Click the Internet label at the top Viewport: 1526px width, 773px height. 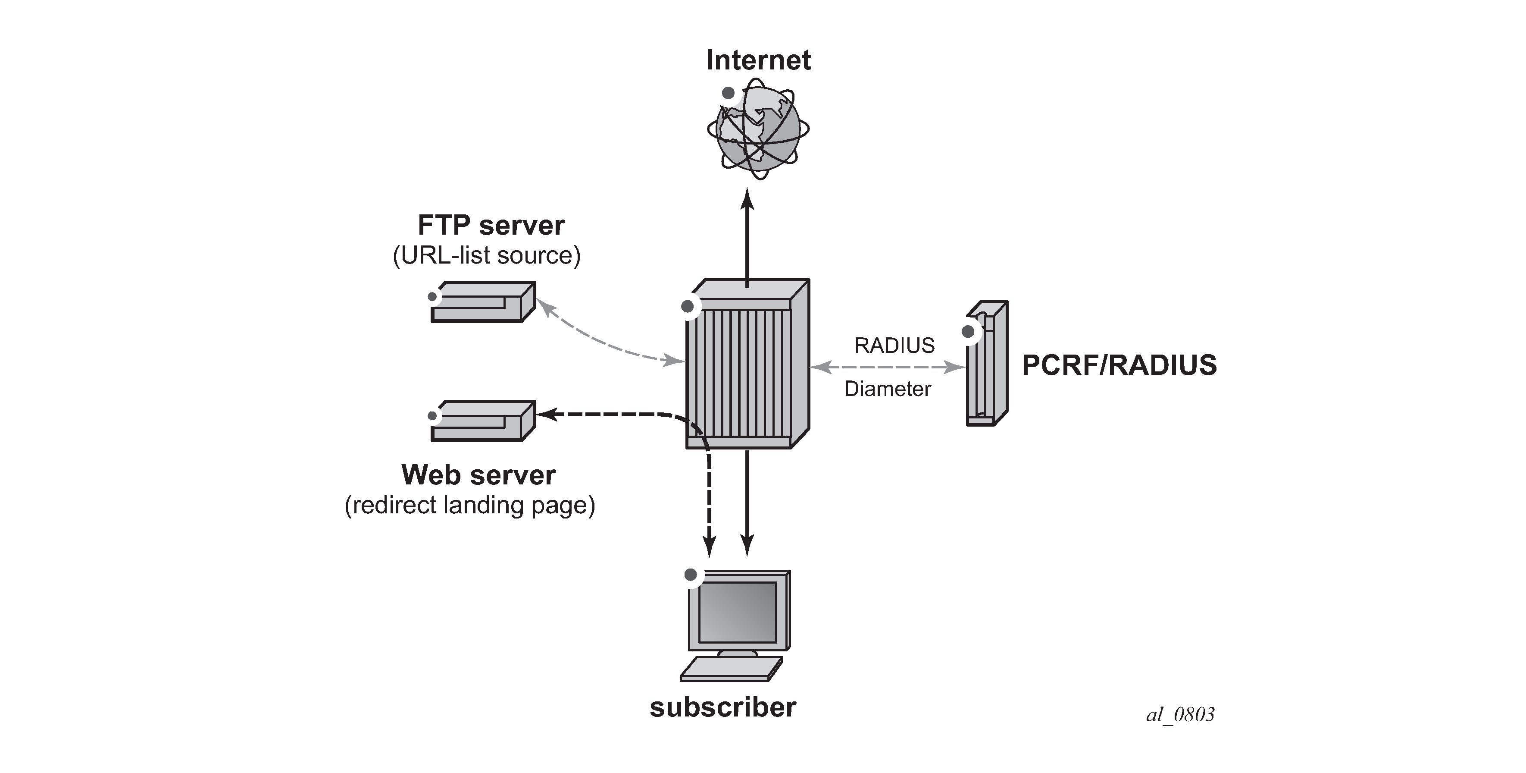pyautogui.click(x=758, y=60)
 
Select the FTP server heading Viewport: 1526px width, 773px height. pyautogui.click(x=491, y=225)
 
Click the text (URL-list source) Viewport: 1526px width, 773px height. pyautogui.click(x=486, y=255)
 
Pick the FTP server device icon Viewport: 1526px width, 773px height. pyautogui.click(x=483, y=302)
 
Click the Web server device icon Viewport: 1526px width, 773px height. pyautogui.click(x=483, y=421)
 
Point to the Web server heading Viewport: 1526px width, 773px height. pyautogui.click(x=478, y=475)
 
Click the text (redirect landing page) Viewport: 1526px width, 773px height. pyautogui.click(x=470, y=505)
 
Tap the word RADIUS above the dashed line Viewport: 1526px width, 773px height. pyautogui.click(x=894, y=345)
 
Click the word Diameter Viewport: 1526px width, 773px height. pyautogui.click(x=888, y=389)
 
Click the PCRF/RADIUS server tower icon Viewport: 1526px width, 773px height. pyautogui.click(x=987, y=363)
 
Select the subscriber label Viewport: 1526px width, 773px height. pyautogui.click(x=723, y=707)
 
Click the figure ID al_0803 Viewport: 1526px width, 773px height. pyautogui.click(x=1180, y=714)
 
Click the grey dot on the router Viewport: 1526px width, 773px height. pyautogui.click(x=687, y=306)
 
